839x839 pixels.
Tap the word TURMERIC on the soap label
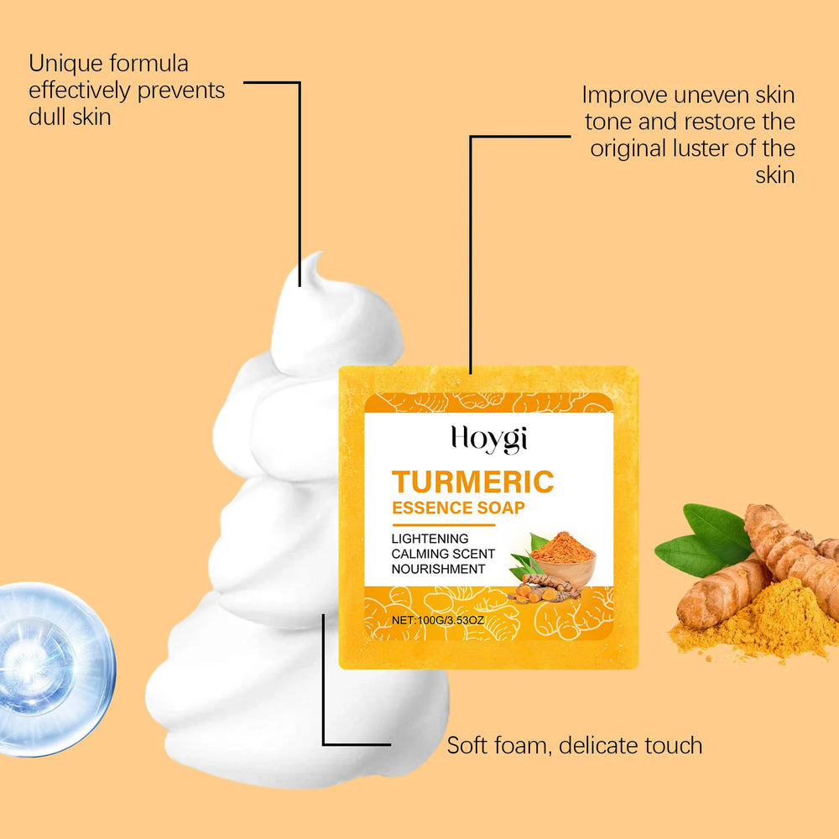pos(472,482)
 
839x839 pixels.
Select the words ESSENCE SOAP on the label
pos(458,508)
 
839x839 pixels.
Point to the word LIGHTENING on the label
pos(430,539)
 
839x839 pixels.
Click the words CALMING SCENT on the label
pos(443,554)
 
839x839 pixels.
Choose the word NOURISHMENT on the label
pos(438,569)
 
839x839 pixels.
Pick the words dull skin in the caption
pos(70,117)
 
